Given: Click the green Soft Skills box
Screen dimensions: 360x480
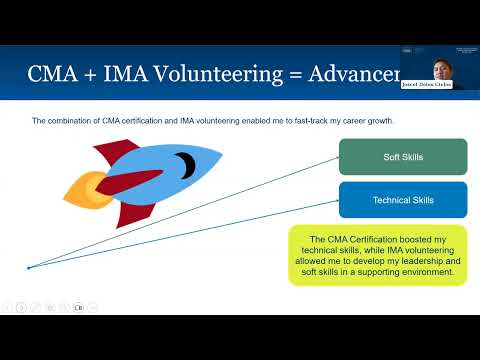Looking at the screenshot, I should point(403,157).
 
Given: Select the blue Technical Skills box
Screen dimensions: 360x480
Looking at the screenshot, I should point(403,200).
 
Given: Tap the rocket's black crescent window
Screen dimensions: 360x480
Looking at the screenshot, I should point(183,162).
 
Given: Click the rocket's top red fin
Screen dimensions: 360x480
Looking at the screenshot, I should point(116,153).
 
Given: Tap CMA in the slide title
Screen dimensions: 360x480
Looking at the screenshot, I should point(54,74).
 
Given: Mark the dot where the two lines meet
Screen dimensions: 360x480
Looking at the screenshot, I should point(28,267).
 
